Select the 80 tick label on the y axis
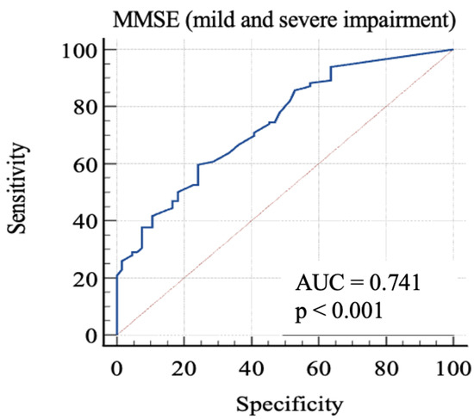pyautogui.click(x=83, y=107)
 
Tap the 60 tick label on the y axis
pyautogui.click(x=83, y=163)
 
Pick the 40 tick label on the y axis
pyautogui.click(x=83, y=221)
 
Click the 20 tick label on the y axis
pyautogui.click(x=83, y=278)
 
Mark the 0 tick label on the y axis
pyautogui.click(x=89, y=335)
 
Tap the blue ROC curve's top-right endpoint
pyautogui.click(x=452, y=50)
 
